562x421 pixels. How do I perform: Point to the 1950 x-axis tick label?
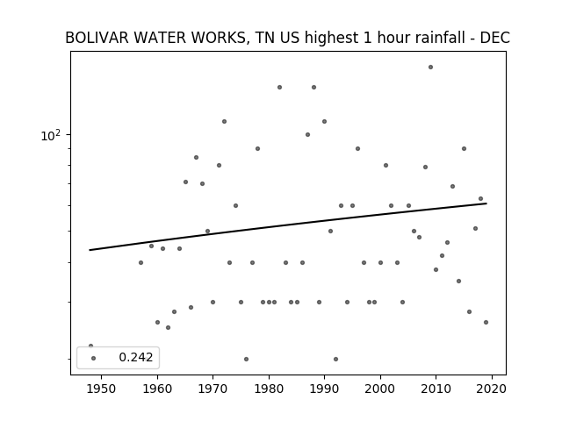pyautogui.click(x=101, y=389)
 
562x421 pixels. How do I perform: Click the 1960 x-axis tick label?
pyautogui.click(x=157, y=389)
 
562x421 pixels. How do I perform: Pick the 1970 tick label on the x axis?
pyautogui.click(x=213, y=389)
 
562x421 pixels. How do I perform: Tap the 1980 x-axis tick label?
pyautogui.click(x=269, y=389)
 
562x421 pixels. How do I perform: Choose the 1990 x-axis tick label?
pyautogui.click(x=325, y=389)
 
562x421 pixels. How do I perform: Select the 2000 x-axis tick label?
pyautogui.click(x=380, y=389)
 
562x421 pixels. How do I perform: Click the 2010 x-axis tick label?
pyautogui.click(x=436, y=389)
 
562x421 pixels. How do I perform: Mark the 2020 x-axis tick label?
pyautogui.click(x=492, y=389)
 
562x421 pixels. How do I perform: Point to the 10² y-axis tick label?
pyautogui.click(x=51, y=135)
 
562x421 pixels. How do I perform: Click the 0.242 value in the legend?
pyautogui.click(x=136, y=357)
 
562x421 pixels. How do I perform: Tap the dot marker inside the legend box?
pyautogui.click(x=94, y=358)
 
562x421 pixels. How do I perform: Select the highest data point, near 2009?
pyautogui.click(x=430, y=68)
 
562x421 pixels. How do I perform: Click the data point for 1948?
pyautogui.click(x=90, y=346)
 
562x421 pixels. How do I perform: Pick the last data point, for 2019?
pyautogui.click(x=486, y=322)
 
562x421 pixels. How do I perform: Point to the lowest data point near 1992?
pyautogui.click(x=335, y=359)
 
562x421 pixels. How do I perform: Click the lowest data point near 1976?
pyautogui.click(x=246, y=359)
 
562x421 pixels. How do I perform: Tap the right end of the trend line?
pyautogui.click(x=486, y=203)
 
